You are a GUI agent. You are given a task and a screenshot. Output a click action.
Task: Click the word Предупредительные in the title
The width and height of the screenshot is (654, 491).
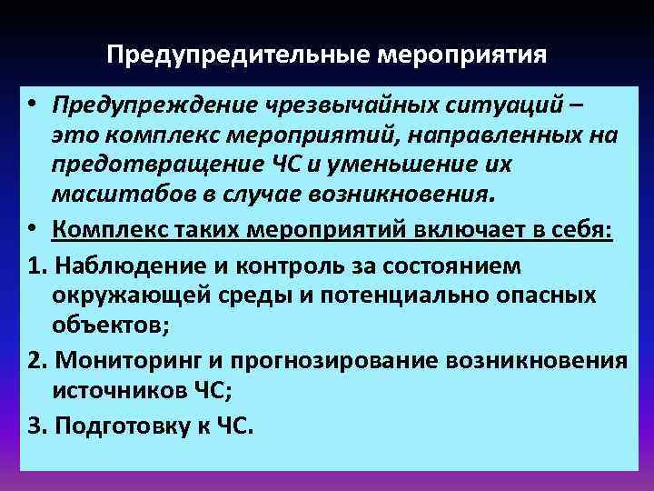tap(236, 56)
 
